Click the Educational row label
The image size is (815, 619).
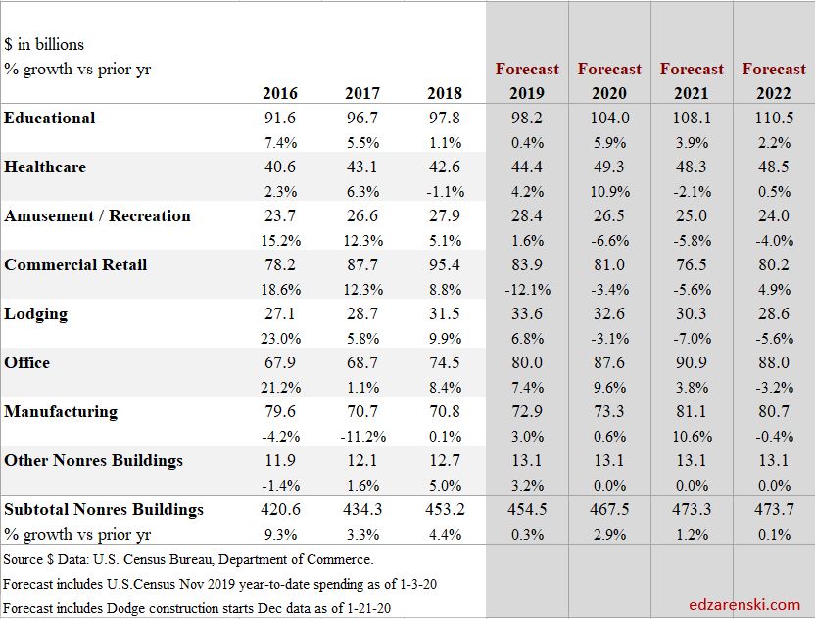pyautogui.click(x=50, y=118)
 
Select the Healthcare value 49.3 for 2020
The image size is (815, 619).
pyautogui.click(x=608, y=167)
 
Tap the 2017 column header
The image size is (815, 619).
pyautogui.click(x=361, y=94)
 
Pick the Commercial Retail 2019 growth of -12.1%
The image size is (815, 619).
pyautogui.click(x=526, y=289)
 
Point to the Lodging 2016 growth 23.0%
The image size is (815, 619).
pyautogui.click(x=279, y=338)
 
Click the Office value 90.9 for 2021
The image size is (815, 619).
pyautogui.click(x=691, y=362)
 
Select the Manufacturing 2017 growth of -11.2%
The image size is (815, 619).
pyautogui.click(x=361, y=436)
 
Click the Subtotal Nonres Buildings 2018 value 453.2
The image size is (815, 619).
pyautogui.click(x=444, y=509)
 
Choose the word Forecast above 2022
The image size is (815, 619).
pyautogui.click(x=774, y=69)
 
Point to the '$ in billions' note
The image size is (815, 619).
pyautogui.click(x=44, y=44)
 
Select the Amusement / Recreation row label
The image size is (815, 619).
pyautogui.click(x=97, y=215)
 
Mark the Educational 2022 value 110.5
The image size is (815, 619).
pyautogui.click(x=773, y=118)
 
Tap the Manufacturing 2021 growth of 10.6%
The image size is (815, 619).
pyautogui.click(x=691, y=436)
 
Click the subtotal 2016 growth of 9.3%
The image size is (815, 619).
pyautogui.click(x=279, y=534)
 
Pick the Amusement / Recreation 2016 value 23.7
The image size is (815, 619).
pyautogui.click(x=279, y=215)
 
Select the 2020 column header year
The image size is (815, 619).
pyautogui.click(x=608, y=94)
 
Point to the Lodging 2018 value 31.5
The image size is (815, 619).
pyautogui.click(x=444, y=313)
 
